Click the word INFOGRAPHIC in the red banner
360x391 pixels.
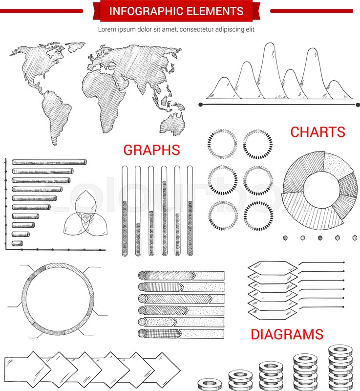(141, 11)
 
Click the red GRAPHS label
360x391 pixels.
(151, 150)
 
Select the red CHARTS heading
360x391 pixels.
(318, 132)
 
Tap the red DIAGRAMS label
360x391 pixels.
(287, 334)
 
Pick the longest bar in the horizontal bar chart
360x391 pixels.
(49, 162)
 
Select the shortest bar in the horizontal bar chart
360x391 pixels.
(17, 243)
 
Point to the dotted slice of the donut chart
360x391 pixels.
(337, 166)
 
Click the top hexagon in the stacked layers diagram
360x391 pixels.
(272, 267)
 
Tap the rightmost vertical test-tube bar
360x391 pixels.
(190, 210)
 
